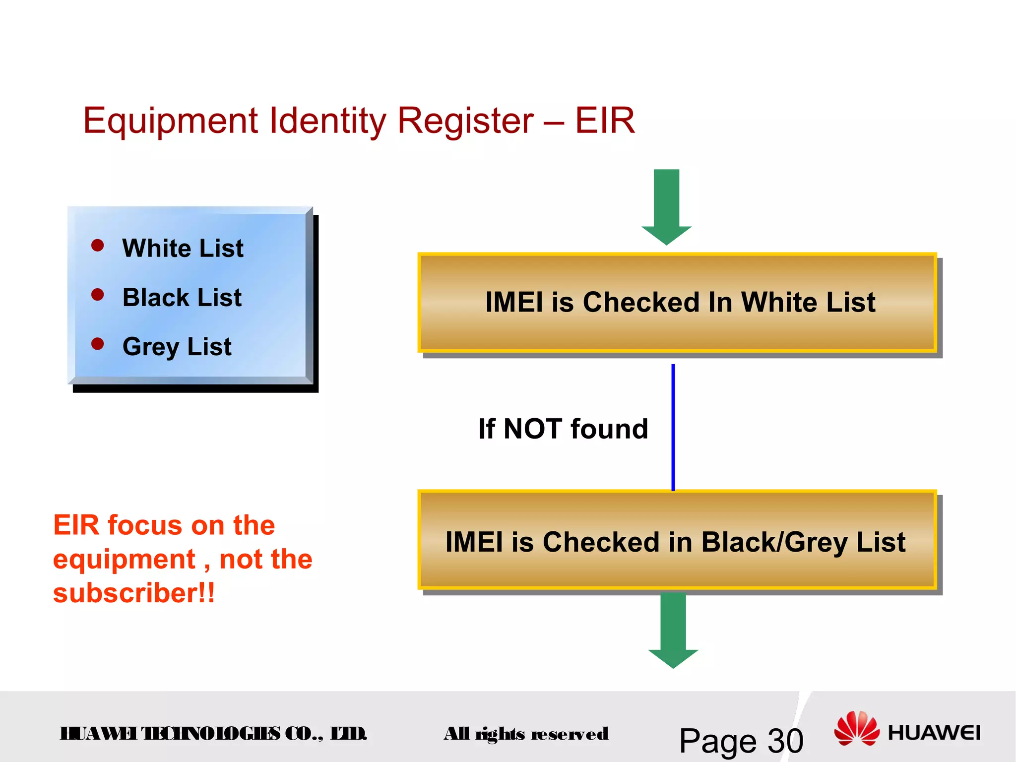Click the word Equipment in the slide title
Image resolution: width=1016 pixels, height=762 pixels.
click(x=170, y=122)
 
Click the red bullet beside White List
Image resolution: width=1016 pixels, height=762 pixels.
click(x=98, y=245)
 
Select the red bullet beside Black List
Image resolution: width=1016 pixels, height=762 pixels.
click(x=98, y=295)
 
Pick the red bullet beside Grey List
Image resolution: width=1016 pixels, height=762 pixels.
click(x=98, y=344)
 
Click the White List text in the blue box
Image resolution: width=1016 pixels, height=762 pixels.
click(x=183, y=248)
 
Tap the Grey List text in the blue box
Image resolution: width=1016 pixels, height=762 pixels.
click(x=177, y=347)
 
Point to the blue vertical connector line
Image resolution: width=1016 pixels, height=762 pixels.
click(x=673, y=427)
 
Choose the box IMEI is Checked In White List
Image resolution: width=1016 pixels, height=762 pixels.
click(x=677, y=303)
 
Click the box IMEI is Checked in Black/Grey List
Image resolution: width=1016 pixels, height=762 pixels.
click(x=677, y=541)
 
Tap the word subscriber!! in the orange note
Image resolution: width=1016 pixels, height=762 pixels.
click(x=134, y=593)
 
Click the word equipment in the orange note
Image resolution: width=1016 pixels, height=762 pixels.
click(x=124, y=560)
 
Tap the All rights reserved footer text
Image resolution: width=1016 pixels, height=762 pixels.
click(x=526, y=734)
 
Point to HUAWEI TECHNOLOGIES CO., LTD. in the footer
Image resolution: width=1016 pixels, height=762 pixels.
click(x=213, y=733)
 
